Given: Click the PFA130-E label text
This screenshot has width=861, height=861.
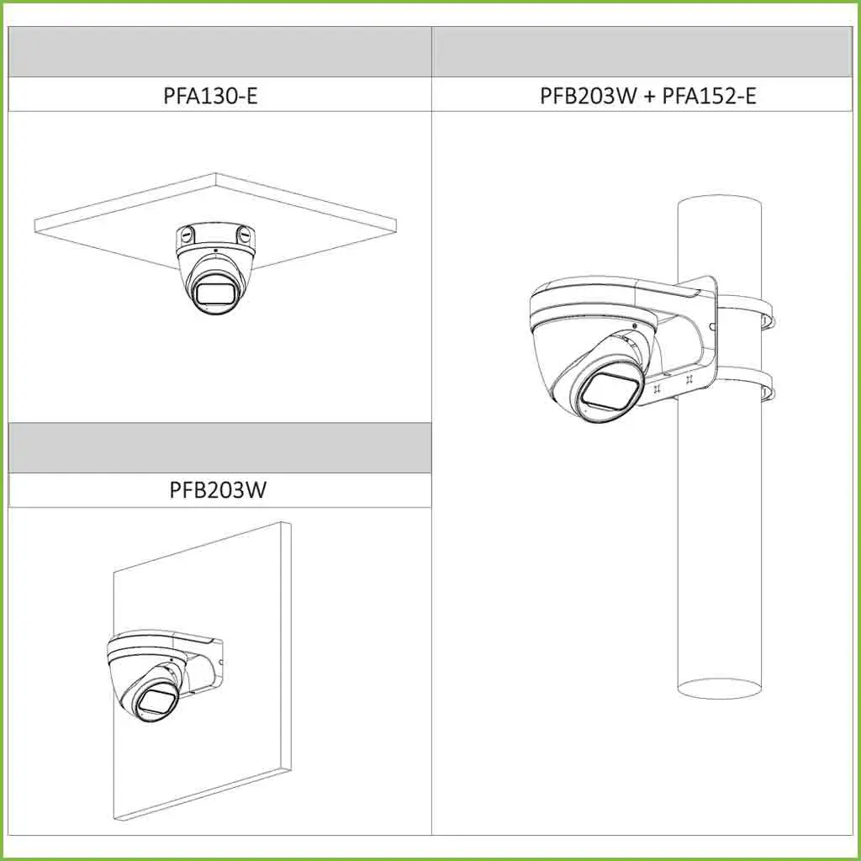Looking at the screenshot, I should (x=210, y=94).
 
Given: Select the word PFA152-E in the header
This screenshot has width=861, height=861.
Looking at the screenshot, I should (x=709, y=94).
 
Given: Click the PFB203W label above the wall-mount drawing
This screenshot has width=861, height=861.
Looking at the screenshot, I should (x=218, y=489).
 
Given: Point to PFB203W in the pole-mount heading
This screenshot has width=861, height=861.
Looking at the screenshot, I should (x=589, y=94).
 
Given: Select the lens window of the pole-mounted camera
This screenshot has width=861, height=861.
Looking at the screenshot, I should (x=611, y=390).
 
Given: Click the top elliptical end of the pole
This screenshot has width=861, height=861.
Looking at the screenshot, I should (x=719, y=208).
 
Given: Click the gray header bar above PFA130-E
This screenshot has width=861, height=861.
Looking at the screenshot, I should (x=219, y=52).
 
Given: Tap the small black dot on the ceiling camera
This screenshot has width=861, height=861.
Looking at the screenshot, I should (x=215, y=251).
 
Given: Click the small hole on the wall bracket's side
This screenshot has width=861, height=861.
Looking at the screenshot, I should (x=219, y=662).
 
